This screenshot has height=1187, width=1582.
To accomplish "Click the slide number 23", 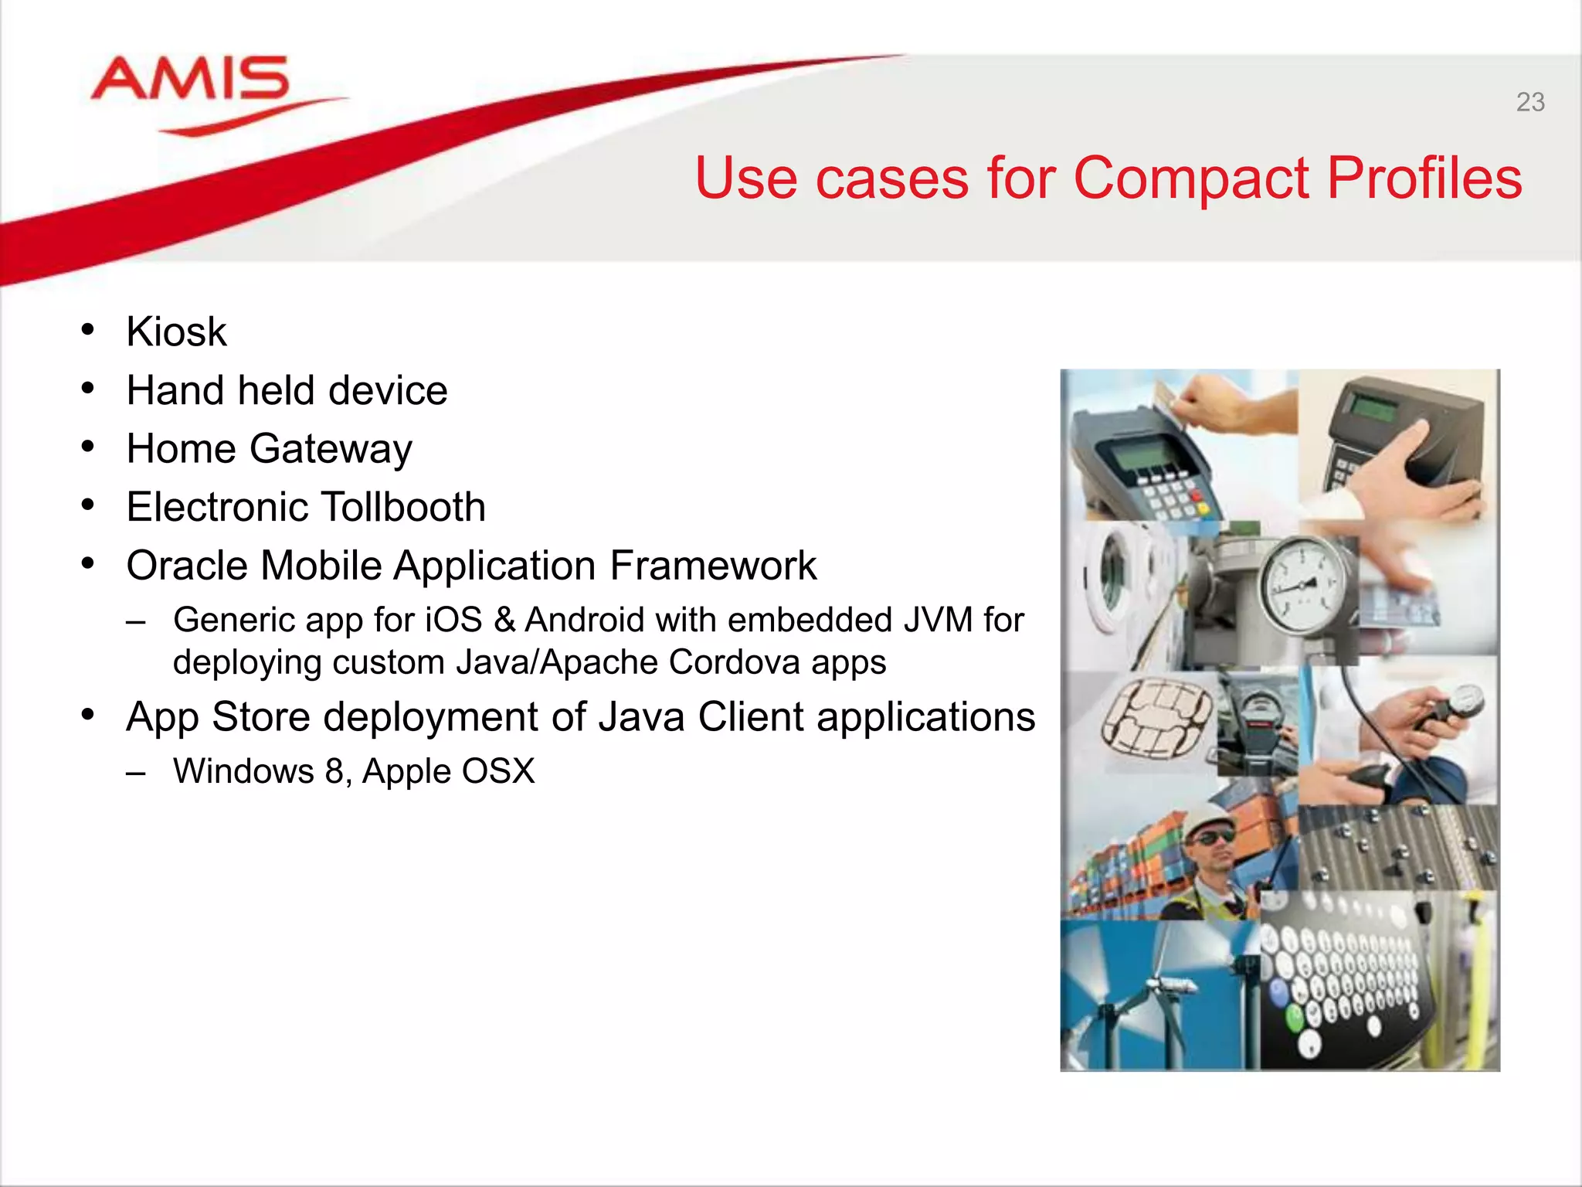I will tap(1529, 102).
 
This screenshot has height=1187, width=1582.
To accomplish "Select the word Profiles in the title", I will tap(1424, 178).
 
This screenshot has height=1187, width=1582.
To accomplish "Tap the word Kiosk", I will tap(176, 332).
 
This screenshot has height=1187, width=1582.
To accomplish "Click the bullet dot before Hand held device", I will tap(88, 389).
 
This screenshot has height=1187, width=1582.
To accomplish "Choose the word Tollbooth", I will tap(402, 508).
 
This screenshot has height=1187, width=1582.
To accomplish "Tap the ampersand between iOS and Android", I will tap(504, 621).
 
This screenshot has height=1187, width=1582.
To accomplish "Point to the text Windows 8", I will tap(258, 771).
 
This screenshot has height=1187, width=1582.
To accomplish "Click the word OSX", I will tap(499, 771).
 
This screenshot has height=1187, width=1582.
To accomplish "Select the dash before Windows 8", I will tap(137, 772).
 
